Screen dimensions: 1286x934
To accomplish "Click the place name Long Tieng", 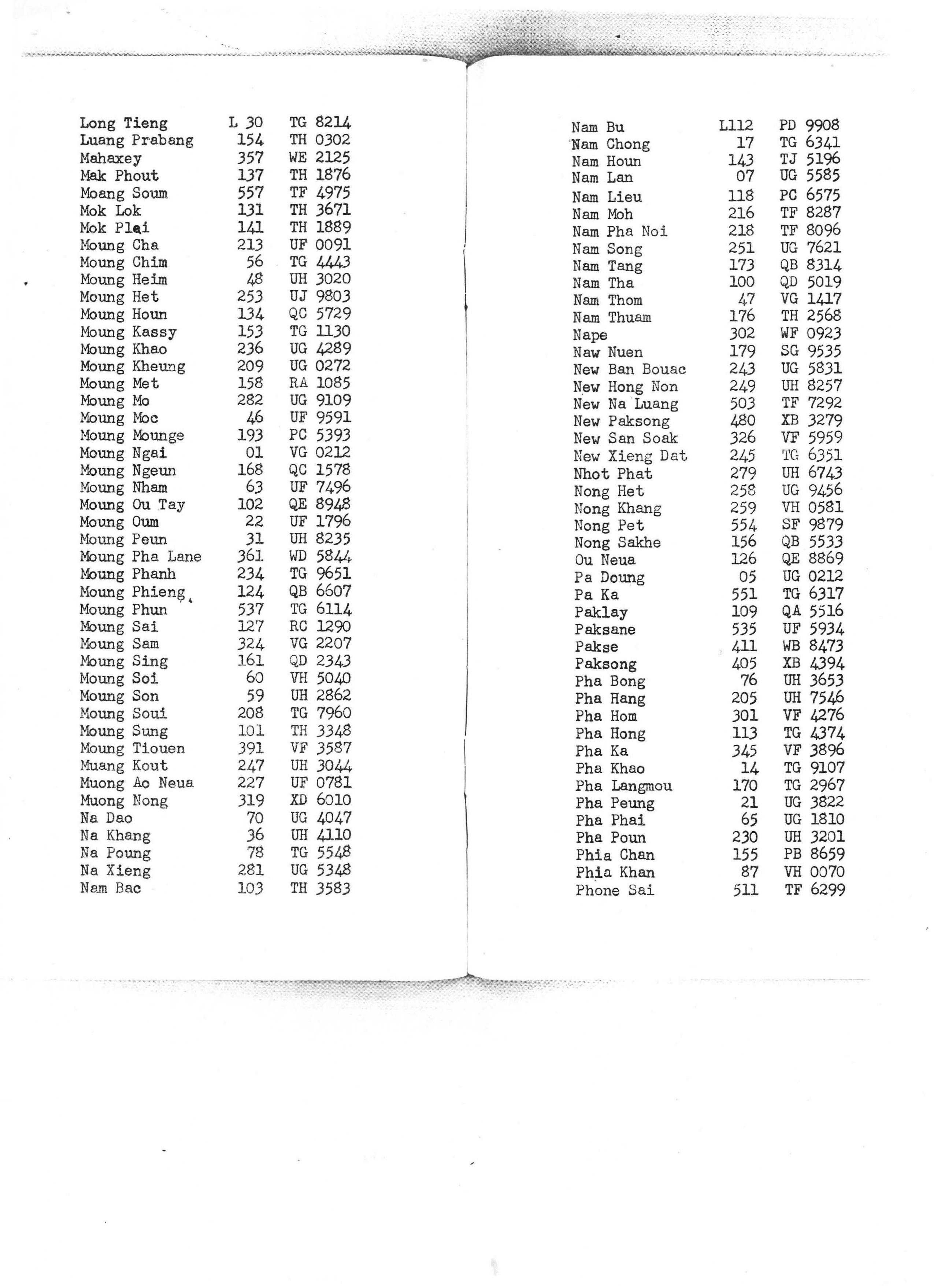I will click(x=123, y=123).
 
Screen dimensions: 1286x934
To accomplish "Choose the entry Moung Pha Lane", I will click(x=141, y=557).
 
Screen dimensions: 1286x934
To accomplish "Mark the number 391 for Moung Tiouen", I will click(x=251, y=748).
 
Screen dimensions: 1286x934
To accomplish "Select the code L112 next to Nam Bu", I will click(x=735, y=125).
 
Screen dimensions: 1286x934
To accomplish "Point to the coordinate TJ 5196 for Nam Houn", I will click(x=809, y=159).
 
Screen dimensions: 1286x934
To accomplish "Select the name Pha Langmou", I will click(x=623, y=786).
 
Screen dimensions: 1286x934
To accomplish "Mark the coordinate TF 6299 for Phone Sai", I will click(x=815, y=890).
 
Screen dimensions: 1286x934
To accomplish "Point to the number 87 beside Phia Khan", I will click(x=749, y=872).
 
